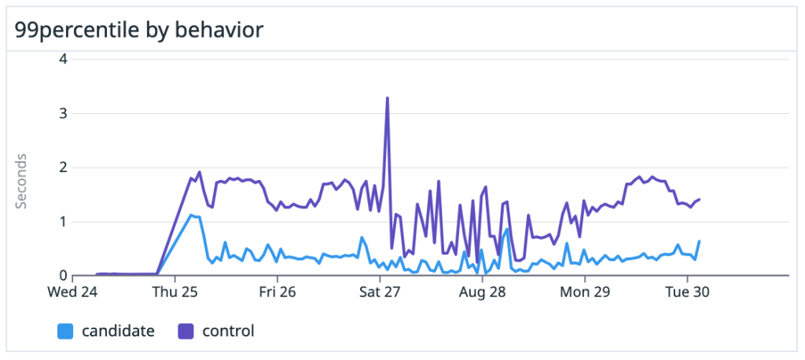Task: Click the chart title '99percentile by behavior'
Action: tap(138, 31)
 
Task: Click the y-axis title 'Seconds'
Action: tap(22, 182)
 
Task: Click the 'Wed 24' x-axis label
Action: tap(74, 292)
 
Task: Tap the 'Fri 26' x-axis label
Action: tap(278, 292)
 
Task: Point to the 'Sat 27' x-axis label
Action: tap(380, 292)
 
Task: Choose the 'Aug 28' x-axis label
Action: tap(482, 292)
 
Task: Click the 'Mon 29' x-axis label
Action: tap(585, 292)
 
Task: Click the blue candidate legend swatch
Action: tap(66, 332)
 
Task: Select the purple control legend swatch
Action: tap(186, 332)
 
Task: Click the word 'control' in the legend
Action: tap(229, 332)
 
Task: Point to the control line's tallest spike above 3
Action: tap(388, 98)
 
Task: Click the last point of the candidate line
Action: tap(699, 241)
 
